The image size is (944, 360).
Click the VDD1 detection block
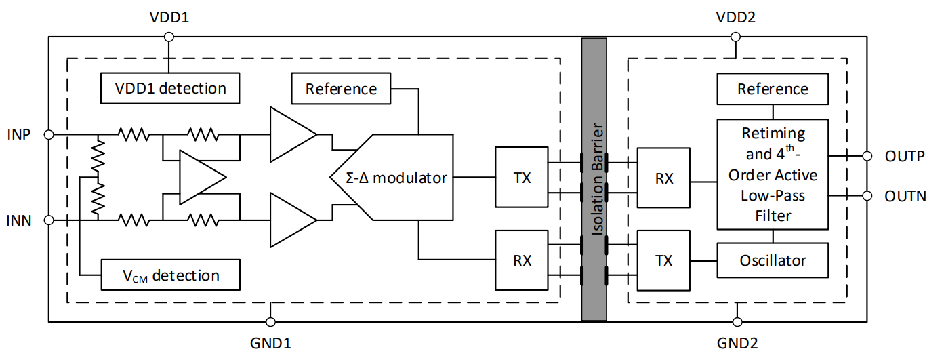click(x=170, y=88)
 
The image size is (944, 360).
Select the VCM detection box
click(x=170, y=275)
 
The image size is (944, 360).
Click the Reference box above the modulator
click(x=341, y=89)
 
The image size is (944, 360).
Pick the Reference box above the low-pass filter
click(x=773, y=89)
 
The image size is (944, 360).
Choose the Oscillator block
click(x=773, y=260)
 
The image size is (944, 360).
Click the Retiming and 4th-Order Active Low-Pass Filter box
click(x=773, y=175)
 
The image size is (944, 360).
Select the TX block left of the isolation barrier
click(x=522, y=178)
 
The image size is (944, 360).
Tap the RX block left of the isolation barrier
click(x=522, y=260)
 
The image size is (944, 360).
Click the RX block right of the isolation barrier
click(x=664, y=178)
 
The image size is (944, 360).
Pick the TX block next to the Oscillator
click(x=664, y=260)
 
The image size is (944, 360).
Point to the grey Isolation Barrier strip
click(x=594, y=179)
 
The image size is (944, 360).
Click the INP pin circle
click(x=48, y=135)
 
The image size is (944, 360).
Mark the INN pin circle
click(x=48, y=220)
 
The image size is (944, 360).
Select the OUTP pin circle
click(x=867, y=156)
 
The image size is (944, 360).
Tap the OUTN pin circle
click(x=867, y=196)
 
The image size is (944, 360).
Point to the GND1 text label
click(x=271, y=342)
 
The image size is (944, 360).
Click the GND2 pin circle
click(x=736, y=321)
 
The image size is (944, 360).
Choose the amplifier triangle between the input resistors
click(x=201, y=178)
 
